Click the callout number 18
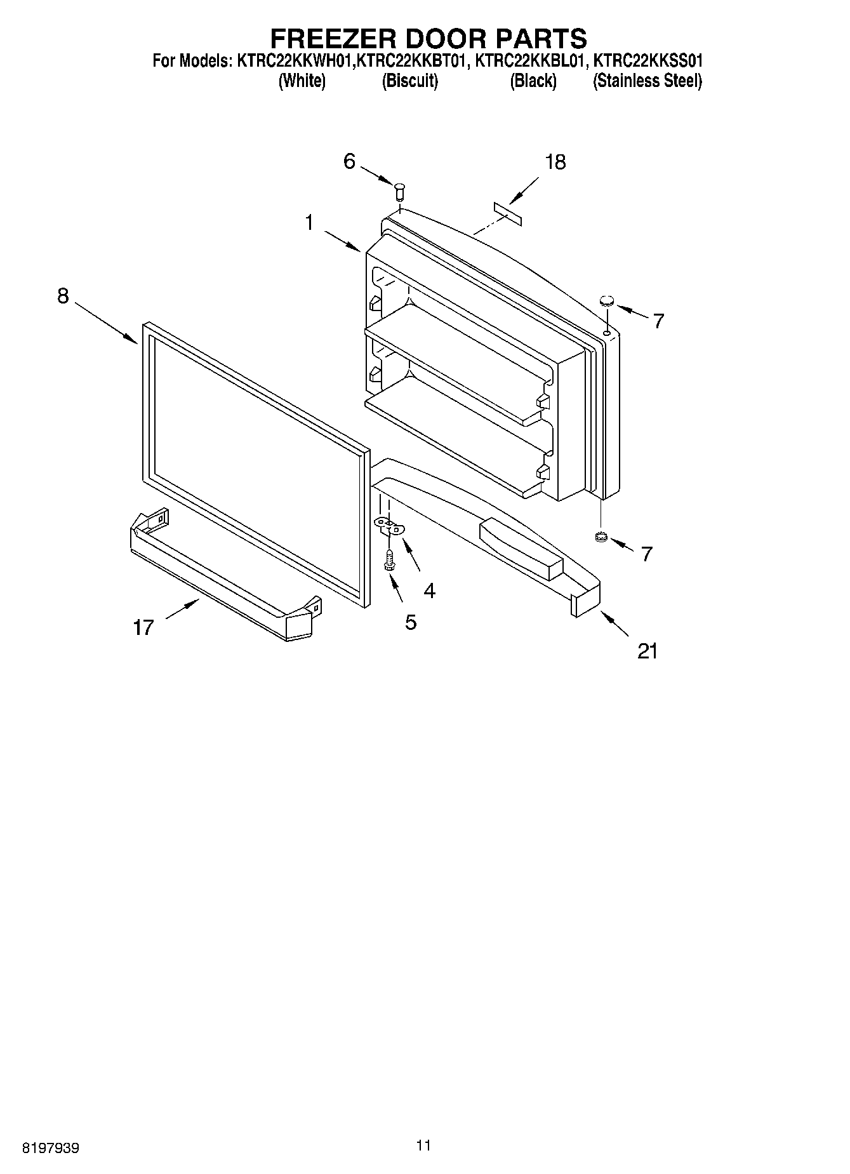click(555, 163)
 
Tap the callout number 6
click(349, 161)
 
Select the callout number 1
click(309, 223)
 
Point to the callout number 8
click(63, 296)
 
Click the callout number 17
click(143, 628)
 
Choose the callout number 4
click(430, 591)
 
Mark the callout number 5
click(411, 623)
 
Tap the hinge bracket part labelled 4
click(390, 526)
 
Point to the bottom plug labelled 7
click(601, 538)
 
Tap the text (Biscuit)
click(409, 81)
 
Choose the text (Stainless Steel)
click(647, 81)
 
